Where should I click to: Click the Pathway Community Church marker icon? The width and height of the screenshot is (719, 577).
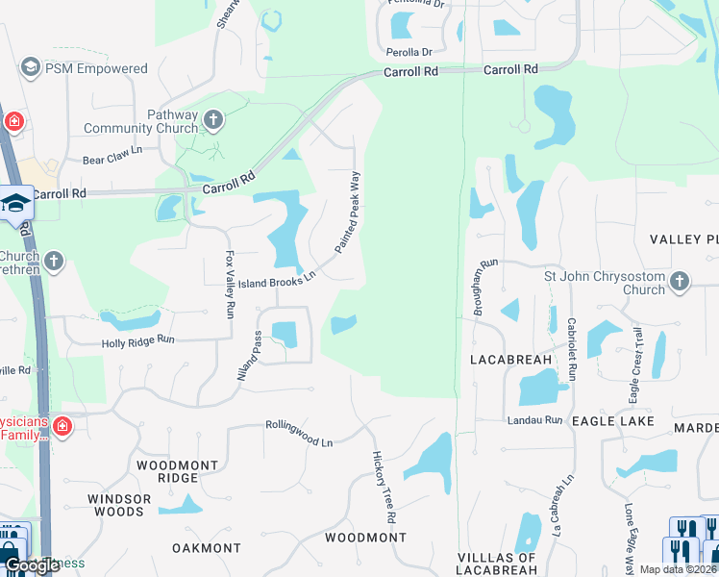213,120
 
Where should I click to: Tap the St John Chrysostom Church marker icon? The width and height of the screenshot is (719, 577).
680,282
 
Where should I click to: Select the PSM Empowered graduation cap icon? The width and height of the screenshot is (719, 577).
30,68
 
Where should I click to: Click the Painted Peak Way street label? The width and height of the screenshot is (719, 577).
347,213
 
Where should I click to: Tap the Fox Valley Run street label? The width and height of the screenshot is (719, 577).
230,285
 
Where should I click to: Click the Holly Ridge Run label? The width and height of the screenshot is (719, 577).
138,340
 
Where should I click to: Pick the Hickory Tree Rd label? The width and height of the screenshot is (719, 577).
384,487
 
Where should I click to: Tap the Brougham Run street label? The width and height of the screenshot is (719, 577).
483,287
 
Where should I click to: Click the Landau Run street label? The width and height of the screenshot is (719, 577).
534,420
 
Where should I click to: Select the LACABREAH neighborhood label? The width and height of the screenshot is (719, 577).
510,360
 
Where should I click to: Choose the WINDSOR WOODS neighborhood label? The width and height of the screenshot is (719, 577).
119,505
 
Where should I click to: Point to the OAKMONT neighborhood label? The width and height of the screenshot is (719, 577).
207,548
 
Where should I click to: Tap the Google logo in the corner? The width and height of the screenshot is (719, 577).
32,565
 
